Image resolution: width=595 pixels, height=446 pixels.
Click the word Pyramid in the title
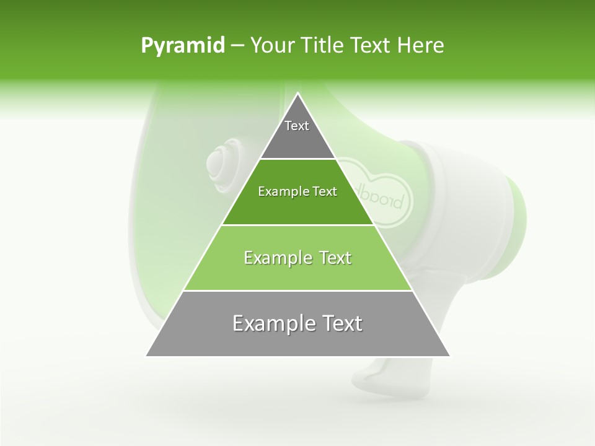tap(182, 46)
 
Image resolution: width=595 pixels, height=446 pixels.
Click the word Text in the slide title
tap(370, 46)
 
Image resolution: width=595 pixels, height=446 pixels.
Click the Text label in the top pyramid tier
tap(297, 126)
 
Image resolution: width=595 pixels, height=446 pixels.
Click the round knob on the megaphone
tap(221, 162)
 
